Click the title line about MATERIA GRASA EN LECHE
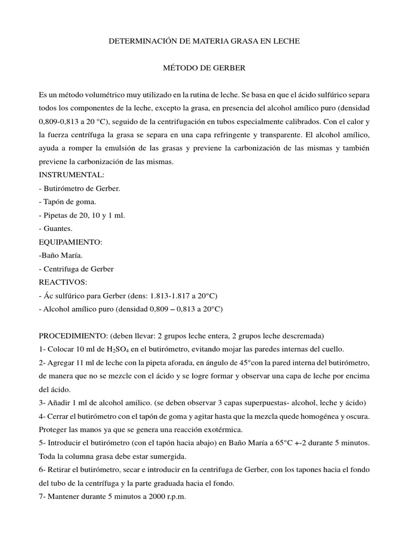[x=204, y=40]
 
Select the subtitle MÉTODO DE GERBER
[x=204, y=68]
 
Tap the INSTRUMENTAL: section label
[x=72, y=175]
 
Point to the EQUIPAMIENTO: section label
[x=72, y=242]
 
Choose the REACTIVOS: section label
[x=63, y=282]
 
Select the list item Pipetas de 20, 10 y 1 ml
[x=84, y=215]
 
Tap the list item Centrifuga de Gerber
[x=78, y=269]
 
